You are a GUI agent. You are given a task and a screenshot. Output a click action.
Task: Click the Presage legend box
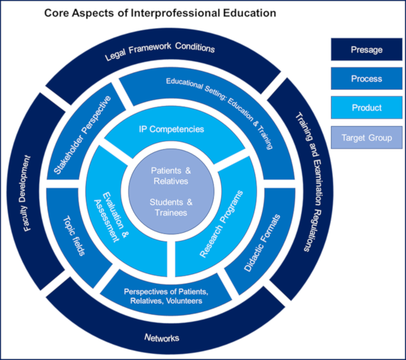click(367, 50)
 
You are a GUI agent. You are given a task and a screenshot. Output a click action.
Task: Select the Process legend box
click(367, 79)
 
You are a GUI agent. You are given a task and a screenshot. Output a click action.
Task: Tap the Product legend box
click(367, 108)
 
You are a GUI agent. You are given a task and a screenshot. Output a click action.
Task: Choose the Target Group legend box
click(367, 137)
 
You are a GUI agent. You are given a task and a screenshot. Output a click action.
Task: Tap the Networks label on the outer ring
click(162, 337)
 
